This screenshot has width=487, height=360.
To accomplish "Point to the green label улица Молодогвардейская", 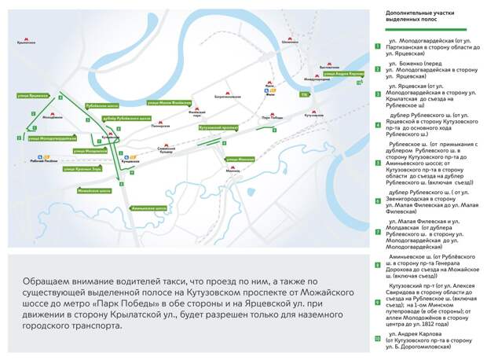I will pos(52,138).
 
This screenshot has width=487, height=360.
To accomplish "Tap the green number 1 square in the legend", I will pos(377,45).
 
